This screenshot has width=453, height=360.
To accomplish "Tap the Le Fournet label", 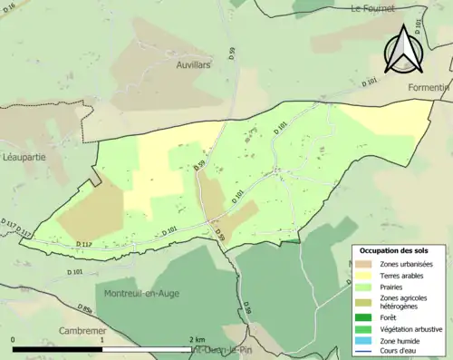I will (x=375, y=8).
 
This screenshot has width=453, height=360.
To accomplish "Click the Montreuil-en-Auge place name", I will (x=139, y=295).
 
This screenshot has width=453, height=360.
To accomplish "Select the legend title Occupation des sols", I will (x=394, y=250).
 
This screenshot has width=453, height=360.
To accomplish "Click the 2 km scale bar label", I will (x=197, y=339).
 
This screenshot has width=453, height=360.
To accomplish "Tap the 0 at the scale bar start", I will (x=14, y=339).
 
